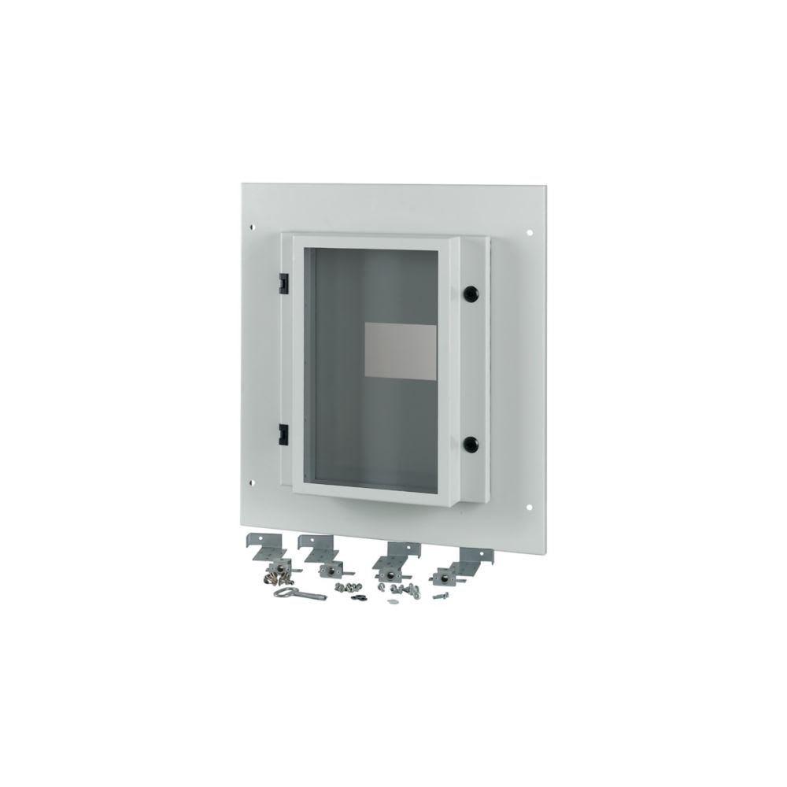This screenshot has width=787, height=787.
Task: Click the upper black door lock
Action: (x=471, y=291)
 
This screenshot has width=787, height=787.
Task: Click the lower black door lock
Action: (x=471, y=442)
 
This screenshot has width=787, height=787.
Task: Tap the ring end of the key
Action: (x=281, y=594)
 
